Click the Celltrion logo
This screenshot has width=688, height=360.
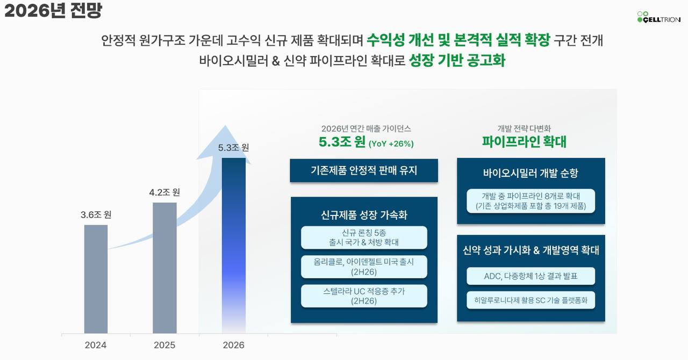659,17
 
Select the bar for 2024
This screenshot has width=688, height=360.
96,279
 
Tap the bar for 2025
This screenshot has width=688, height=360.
164,268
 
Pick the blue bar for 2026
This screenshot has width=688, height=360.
234,246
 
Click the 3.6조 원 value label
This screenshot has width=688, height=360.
96,215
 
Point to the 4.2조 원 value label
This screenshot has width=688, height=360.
164,192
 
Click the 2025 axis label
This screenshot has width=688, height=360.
164,345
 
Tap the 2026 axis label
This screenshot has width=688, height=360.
234,345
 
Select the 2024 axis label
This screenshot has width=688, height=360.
96,345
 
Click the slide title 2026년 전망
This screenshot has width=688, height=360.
53,10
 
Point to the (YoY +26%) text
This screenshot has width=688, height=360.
391,144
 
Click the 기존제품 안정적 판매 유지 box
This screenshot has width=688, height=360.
364,170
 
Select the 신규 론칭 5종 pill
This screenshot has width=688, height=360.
364,237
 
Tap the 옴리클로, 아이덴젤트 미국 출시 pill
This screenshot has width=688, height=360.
364,267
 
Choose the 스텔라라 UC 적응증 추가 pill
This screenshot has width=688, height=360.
364,296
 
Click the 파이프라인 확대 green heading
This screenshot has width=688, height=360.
524,142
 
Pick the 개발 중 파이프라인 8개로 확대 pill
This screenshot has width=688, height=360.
531,201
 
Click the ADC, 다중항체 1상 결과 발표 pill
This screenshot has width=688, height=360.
531,276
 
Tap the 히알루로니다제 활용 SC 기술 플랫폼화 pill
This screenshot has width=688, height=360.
531,300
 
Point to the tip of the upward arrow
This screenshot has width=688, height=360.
225,125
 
